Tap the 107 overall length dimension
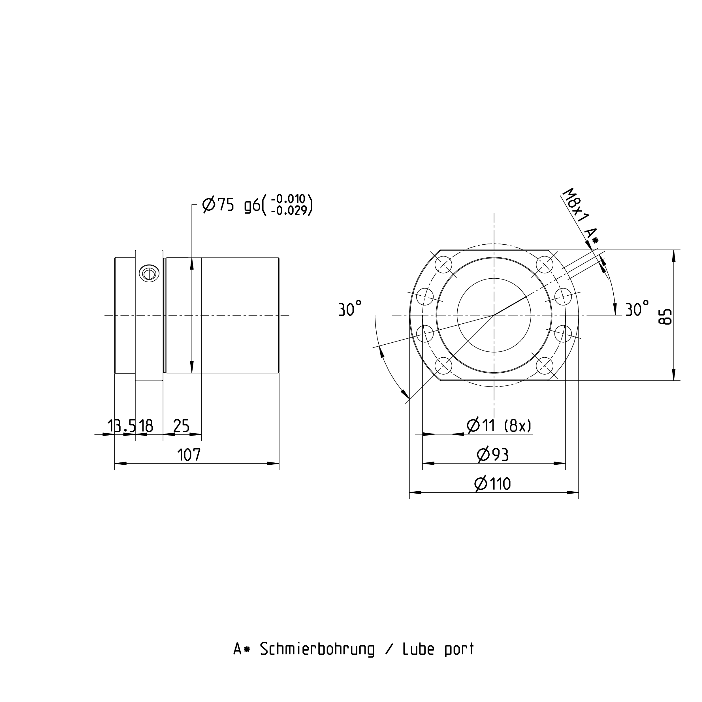189,455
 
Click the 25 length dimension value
181,426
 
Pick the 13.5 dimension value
121,426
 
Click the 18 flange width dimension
146,426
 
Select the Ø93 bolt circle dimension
493,455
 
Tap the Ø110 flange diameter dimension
493,484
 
